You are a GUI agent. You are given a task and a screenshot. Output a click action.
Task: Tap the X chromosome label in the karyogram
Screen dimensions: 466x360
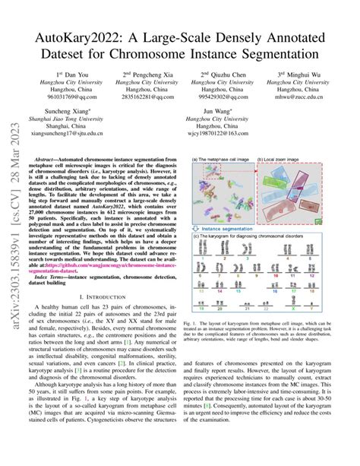coord(292,309)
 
